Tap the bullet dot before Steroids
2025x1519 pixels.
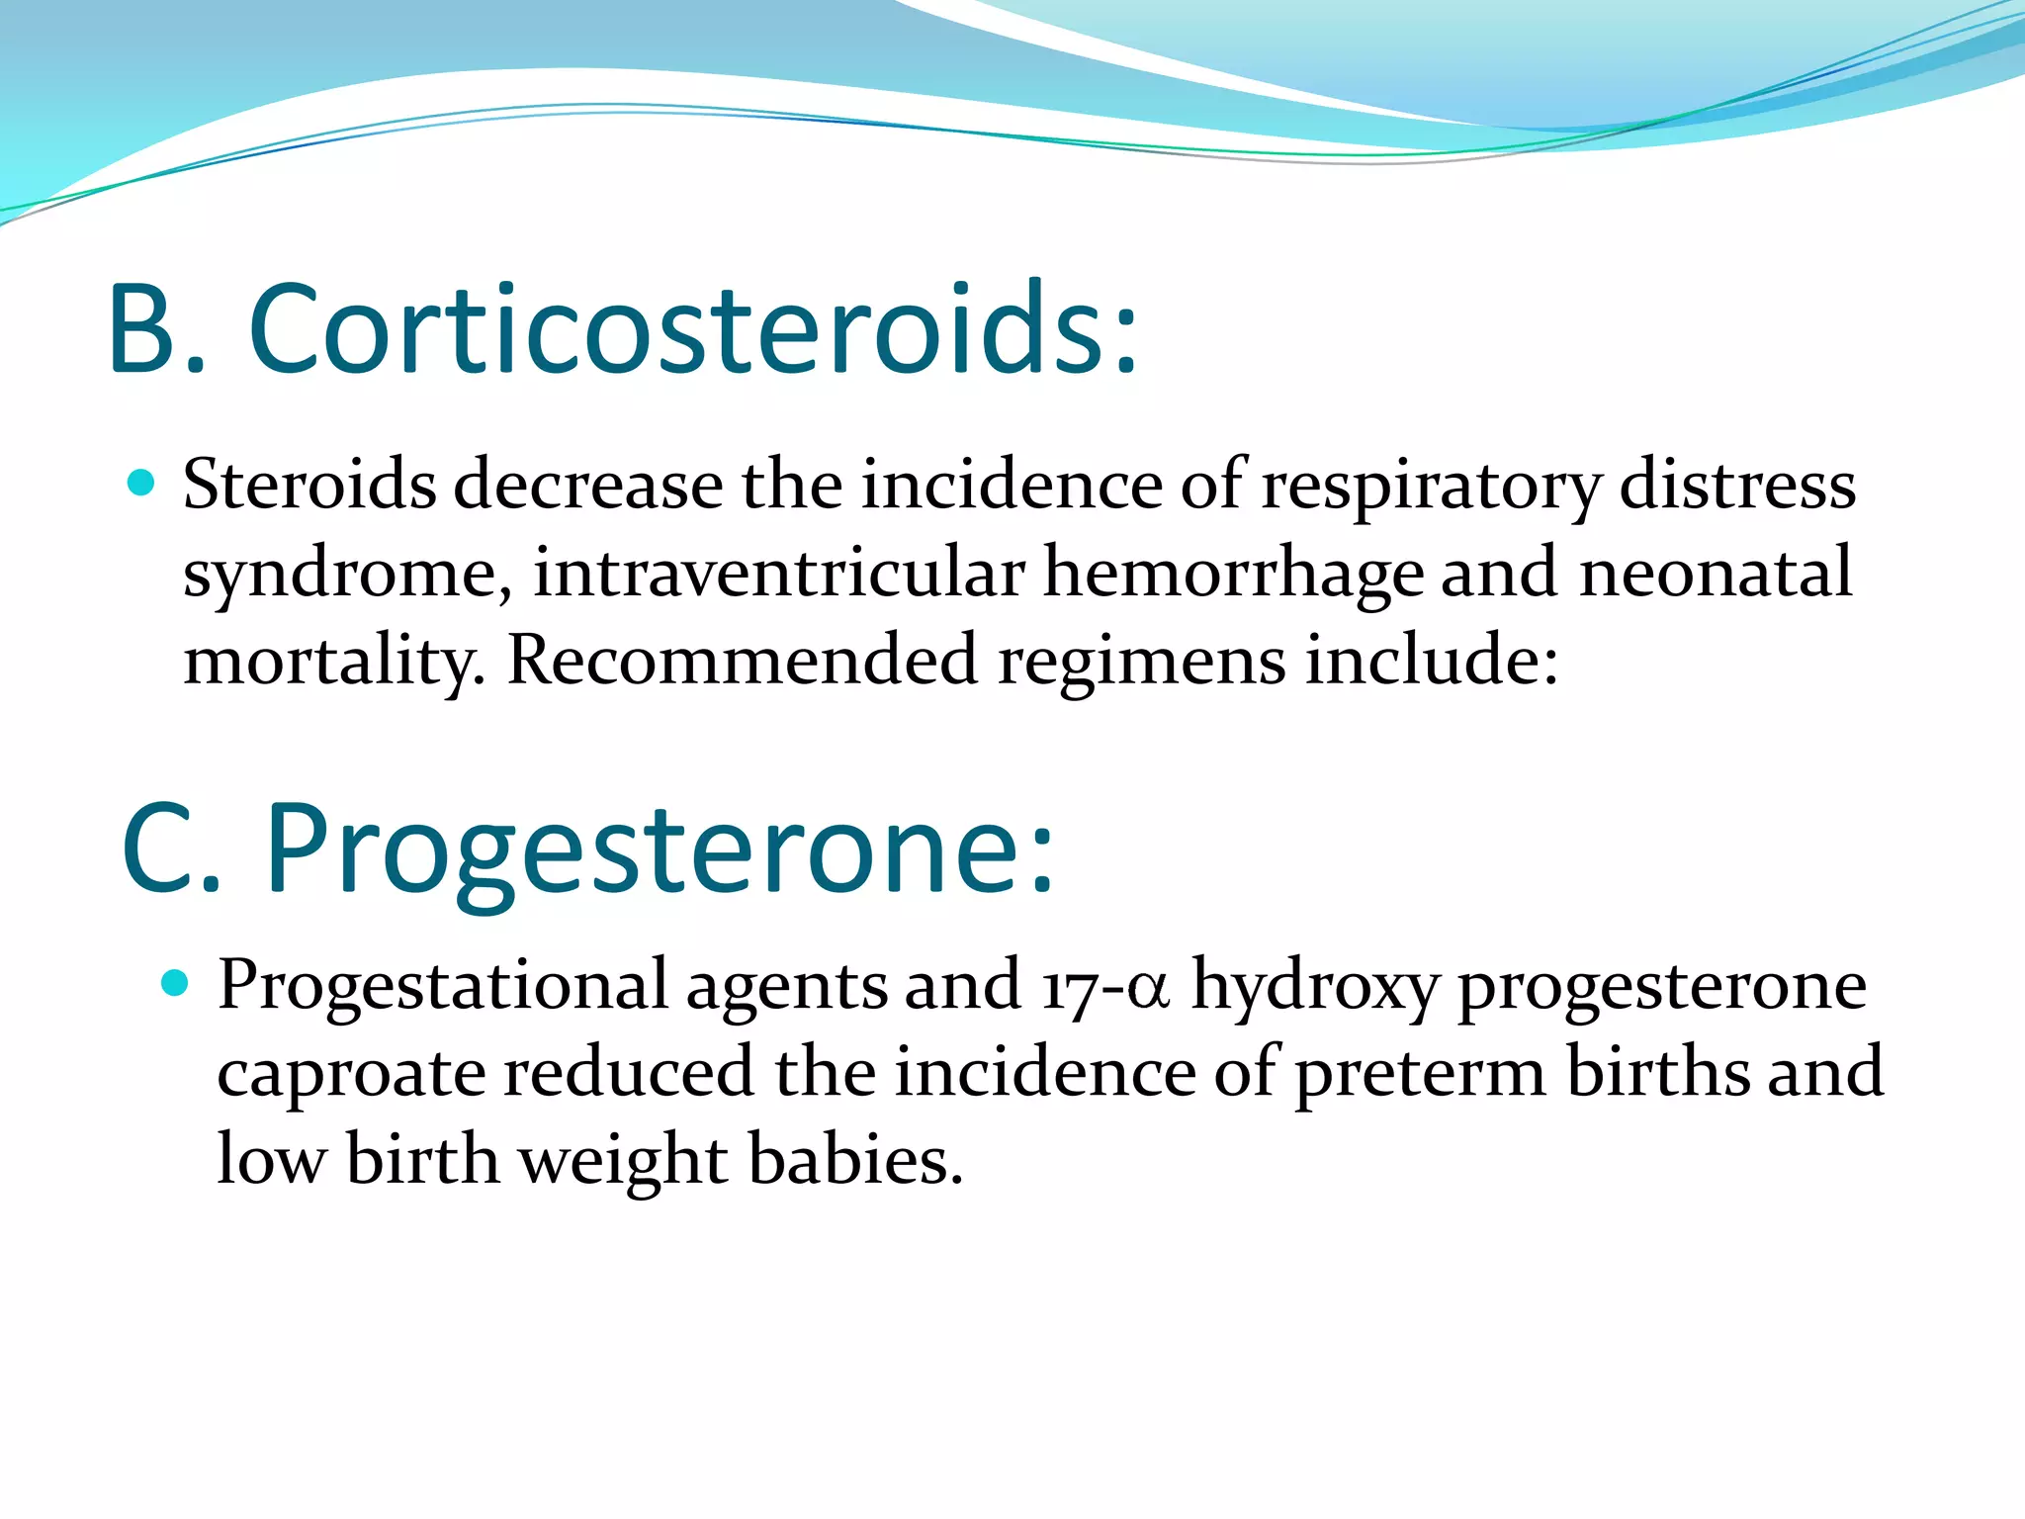point(142,483)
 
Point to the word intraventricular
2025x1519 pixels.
point(779,573)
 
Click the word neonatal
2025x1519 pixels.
point(1716,573)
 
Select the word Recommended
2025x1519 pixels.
point(742,660)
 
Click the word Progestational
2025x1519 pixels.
point(443,987)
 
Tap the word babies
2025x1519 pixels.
point(854,1159)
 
